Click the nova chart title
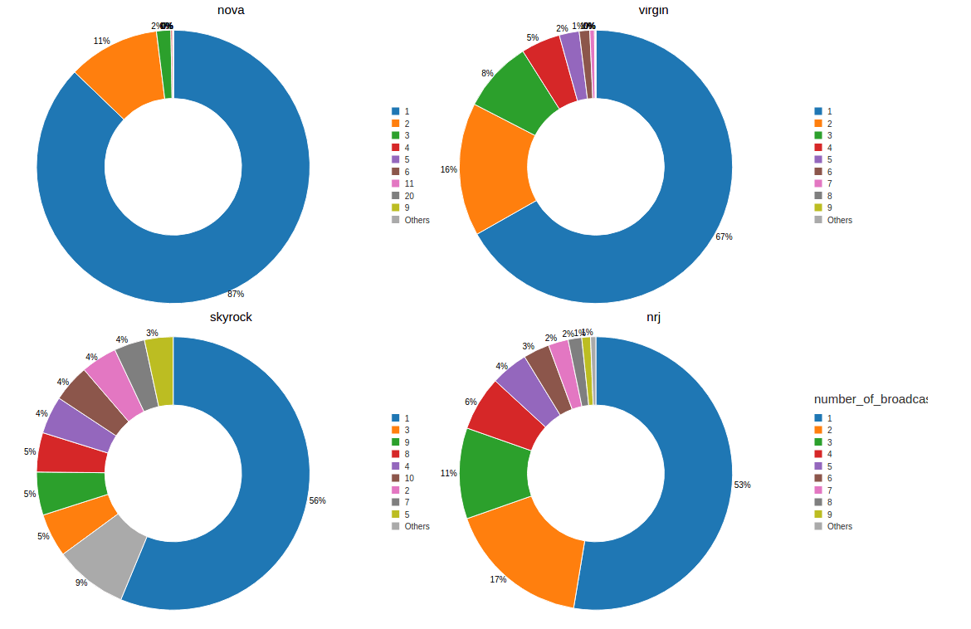tap(231, 10)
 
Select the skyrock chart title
tap(231, 317)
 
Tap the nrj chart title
tap(653, 317)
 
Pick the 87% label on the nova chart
tap(236, 294)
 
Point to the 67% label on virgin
tap(724, 236)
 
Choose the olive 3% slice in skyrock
tap(160, 371)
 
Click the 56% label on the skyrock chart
tap(317, 500)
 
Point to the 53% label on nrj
tap(742, 485)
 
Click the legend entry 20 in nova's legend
tap(409, 196)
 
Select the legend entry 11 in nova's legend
tap(409, 183)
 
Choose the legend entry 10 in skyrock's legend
tap(409, 478)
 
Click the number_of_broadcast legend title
tap(870, 400)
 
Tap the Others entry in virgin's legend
tap(839, 220)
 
